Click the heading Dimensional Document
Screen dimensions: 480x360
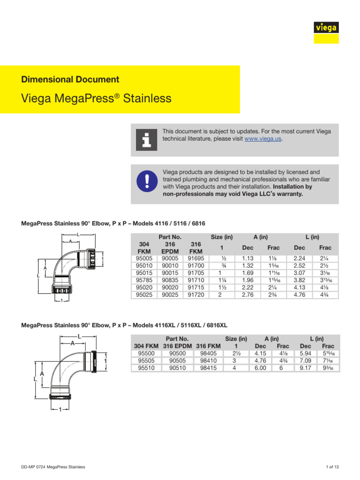[70, 80]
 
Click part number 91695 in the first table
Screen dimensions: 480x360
[196, 258]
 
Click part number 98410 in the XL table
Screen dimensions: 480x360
[208, 360]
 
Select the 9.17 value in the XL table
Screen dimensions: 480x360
[306, 368]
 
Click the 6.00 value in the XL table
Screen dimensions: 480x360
[260, 368]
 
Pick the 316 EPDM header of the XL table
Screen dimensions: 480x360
[177, 346]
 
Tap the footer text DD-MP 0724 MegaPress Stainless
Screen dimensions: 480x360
[53, 467]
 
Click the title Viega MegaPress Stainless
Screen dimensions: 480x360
[97, 98]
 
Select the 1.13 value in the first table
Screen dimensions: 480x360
[247, 258]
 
